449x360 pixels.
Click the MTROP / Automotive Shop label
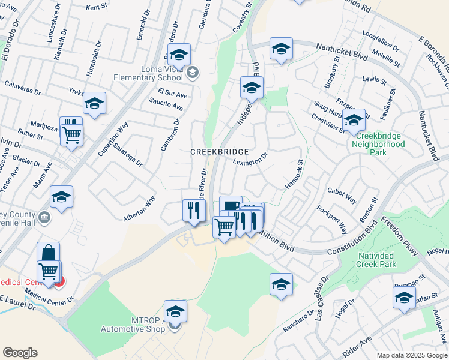(133, 325)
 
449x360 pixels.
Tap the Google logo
(20, 353)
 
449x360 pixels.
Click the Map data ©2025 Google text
(411, 355)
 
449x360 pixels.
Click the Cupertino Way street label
(113, 139)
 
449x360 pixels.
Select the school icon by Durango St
(404, 298)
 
